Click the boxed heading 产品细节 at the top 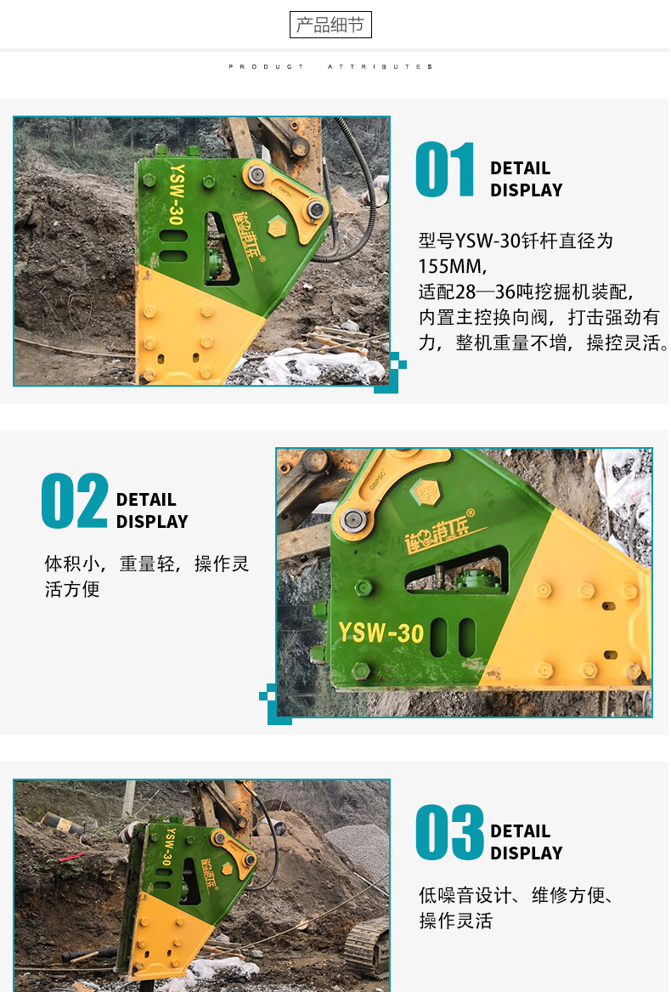(x=330, y=25)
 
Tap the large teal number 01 (x=444, y=169)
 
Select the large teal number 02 (x=75, y=501)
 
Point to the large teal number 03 (x=449, y=832)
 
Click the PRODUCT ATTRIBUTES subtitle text (x=330, y=66)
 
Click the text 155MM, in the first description (x=452, y=266)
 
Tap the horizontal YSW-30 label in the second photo (x=381, y=632)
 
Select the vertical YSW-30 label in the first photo (x=176, y=194)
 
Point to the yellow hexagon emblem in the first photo (x=277, y=226)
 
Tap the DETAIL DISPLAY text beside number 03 (x=526, y=842)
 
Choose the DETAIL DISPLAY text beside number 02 (x=152, y=511)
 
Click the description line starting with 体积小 (x=147, y=564)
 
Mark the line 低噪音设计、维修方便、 (x=516, y=895)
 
